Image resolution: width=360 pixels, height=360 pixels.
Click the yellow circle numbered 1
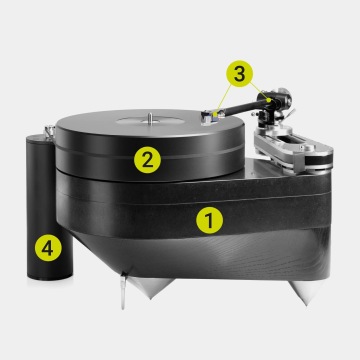tap(209, 220)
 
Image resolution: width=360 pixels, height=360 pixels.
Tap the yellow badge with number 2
tap(147, 160)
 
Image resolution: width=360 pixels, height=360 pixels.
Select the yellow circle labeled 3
tap(239, 74)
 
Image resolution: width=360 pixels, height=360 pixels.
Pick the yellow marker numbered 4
tap(48, 248)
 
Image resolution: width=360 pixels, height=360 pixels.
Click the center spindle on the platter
tap(150, 118)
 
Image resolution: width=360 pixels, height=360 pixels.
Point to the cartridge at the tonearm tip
tap(210, 118)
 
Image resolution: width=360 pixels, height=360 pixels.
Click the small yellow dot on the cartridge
tap(216, 114)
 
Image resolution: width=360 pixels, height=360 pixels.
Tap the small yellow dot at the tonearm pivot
tap(269, 100)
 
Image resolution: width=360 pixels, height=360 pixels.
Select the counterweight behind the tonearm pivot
tap(284, 97)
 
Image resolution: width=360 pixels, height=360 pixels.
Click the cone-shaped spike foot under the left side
tap(150, 288)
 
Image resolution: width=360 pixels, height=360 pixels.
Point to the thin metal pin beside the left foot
tap(123, 292)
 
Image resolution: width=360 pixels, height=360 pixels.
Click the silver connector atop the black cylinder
tap(49, 131)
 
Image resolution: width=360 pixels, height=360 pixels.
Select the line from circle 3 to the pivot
tap(259, 91)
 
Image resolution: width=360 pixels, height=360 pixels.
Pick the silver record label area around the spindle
tap(150, 120)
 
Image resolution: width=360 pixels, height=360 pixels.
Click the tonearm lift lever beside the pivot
tap(290, 113)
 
